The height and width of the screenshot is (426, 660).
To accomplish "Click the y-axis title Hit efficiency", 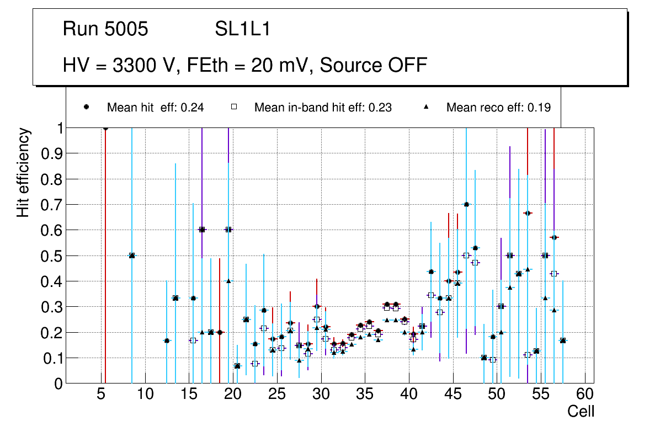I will pos(23,172).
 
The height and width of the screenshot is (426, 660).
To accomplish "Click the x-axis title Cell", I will pos(581,411).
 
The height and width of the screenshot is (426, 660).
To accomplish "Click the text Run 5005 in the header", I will pos(105,29).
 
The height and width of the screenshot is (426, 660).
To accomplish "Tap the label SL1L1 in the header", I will pos(242,29).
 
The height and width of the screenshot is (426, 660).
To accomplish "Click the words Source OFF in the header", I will pos(374,65).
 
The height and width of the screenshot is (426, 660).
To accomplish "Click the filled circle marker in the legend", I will pos(87,107).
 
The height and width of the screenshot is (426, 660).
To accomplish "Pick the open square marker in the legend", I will pos(234,107).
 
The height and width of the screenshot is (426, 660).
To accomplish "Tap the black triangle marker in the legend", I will pos(426,107).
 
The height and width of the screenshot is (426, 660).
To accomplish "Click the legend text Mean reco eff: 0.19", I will pos(498,108).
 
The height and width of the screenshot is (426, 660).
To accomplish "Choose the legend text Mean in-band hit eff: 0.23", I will pos(323,108).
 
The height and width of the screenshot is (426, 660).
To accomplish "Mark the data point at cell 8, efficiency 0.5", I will pos(132,255).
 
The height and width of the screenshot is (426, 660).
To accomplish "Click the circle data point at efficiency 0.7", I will pos(466,204).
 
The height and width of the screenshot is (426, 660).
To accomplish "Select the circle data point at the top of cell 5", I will pos(105,128).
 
